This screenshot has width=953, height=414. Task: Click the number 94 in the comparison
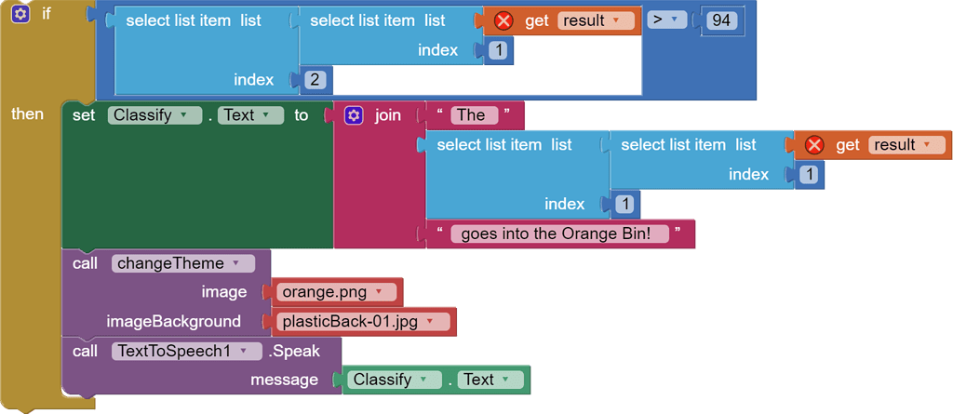(722, 20)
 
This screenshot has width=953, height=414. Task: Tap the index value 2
(315, 80)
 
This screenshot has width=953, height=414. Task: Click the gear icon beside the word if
(20, 14)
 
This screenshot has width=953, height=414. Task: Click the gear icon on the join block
(354, 115)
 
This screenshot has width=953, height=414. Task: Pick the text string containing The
(470, 115)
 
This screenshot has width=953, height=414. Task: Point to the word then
(27, 114)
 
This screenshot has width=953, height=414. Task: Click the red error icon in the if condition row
(503, 20)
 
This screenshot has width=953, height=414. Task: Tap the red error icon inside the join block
(814, 145)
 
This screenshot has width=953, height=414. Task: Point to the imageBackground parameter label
(173, 322)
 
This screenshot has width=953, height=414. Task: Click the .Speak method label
(295, 351)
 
